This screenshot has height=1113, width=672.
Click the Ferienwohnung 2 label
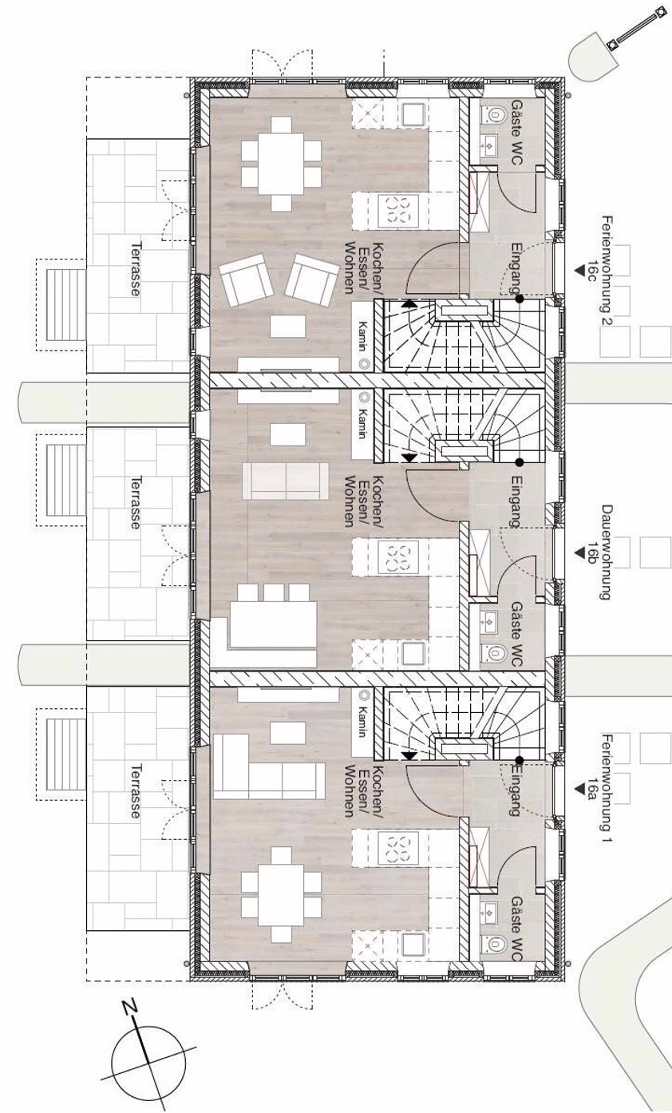pyautogui.click(x=607, y=271)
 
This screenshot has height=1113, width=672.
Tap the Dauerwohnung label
pyautogui.click(x=607, y=553)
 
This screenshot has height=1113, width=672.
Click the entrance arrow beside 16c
pyautogui.click(x=579, y=271)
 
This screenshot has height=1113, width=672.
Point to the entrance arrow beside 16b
pyautogui.click(x=579, y=553)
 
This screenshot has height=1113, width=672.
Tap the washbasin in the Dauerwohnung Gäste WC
pyautogui.click(x=491, y=620)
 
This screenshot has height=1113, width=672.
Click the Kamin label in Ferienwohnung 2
pyautogui.click(x=363, y=338)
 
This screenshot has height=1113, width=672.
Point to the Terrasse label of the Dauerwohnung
pyautogui.click(x=134, y=502)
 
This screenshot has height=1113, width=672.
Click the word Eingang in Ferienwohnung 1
pyautogui.click(x=515, y=790)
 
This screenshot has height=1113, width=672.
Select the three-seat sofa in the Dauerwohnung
pyautogui.click(x=286, y=481)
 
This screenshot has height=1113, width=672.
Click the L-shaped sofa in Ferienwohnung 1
pyautogui.click(x=268, y=766)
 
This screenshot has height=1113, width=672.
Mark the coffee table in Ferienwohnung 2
pyautogui.click(x=288, y=327)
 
